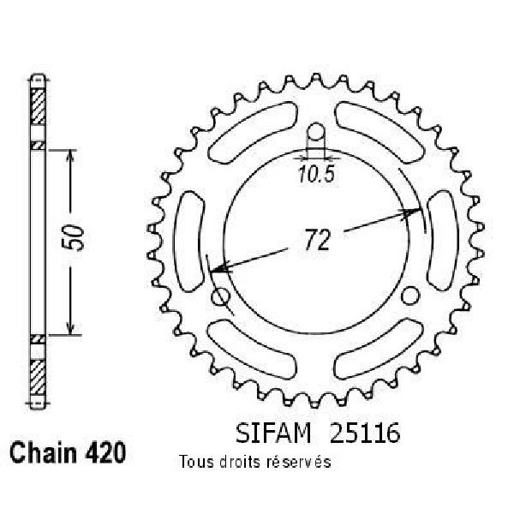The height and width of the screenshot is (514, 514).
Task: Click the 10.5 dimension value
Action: click(316, 174)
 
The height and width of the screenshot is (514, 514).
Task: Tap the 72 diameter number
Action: click(317, 240)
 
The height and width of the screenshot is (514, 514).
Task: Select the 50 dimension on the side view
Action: click(73, 237)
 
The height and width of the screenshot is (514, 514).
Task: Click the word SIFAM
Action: click(273, 433)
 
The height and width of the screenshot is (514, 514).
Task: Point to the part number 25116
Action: click(365, 433)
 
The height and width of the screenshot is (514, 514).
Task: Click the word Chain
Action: click(43, 452)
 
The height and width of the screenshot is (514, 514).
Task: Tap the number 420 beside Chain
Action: click(105, 452)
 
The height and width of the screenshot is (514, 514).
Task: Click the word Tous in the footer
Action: click(196, 462)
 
